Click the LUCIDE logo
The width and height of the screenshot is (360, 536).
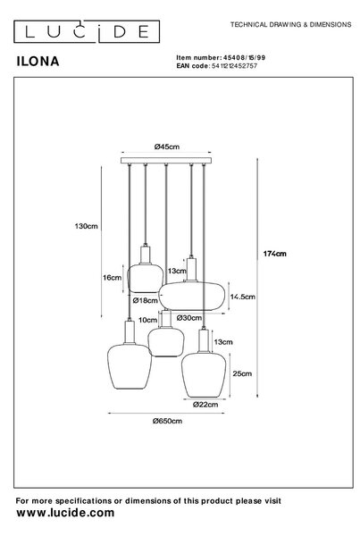(87, 31)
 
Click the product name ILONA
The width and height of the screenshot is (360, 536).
(38, 61)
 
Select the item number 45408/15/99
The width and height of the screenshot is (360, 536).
(244, 57)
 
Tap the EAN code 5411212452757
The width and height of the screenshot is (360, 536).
(235, 65)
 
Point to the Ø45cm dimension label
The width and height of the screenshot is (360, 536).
(166, 147)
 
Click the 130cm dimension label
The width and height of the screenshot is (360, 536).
(86, 226)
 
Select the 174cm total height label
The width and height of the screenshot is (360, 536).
(275, 254)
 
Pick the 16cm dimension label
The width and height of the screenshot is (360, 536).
(113, 278)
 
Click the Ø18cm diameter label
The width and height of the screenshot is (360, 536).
(146, 300)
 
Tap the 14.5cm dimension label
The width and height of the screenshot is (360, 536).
(242, 297)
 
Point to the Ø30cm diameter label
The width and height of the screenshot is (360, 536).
(189, 318)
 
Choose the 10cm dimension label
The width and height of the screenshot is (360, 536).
(147, 320)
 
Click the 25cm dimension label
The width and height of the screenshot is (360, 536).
(242, 373)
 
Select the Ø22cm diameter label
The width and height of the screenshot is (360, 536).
(205, 405)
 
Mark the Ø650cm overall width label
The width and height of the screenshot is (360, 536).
(167, 421)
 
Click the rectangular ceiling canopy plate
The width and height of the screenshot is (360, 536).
(166, 161)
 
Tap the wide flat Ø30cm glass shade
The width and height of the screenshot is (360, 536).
(192, 296)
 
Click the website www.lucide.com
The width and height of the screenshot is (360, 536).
(65, 513)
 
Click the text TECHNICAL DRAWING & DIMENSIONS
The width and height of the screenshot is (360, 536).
(290, 25)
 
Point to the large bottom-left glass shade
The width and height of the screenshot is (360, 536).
(130, 366)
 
